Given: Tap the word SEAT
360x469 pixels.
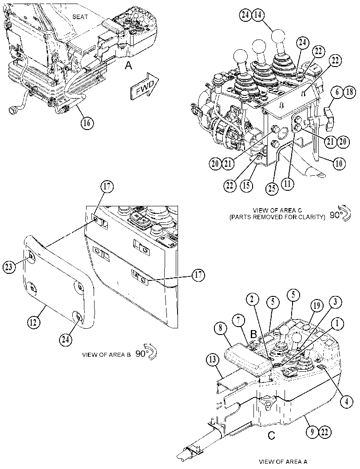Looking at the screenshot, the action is pyautogui.click(x=80, y=17).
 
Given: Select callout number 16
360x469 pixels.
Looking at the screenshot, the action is pyautogui.click(x=87, y=122).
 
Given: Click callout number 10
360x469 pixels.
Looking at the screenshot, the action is pyautogui.click(x=339, y=163).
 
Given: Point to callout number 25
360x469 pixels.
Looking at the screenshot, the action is pyautogui.click(x=272, y=189).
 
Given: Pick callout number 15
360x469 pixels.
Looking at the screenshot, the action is pyautogui.click(x=246, y=185).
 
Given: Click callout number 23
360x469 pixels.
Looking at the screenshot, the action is pyautogui.click(x=9, y=267).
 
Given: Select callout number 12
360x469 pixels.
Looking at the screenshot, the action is pyautogui.click(x=34, y=323).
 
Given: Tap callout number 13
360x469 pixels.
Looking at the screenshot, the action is pyautogui.click(x=212, y=360).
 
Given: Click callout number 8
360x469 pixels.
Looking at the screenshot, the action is pyautogui.click(x=221, y=328).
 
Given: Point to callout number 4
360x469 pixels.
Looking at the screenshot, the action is pyautogui.click(x=346, y=402).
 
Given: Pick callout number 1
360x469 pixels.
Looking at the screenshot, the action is pyautogui.click(x=337, y=323).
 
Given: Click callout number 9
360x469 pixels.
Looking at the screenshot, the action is pyautogui.click(x=312, y=432).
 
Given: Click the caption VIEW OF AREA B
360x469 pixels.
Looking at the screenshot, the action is pyautogui.click(x=107, y=355).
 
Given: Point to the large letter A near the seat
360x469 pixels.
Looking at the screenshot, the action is pyautogui.click(x=128, y=65).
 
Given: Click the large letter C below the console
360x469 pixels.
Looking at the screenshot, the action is pyautogui.click(x=271, y=436).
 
